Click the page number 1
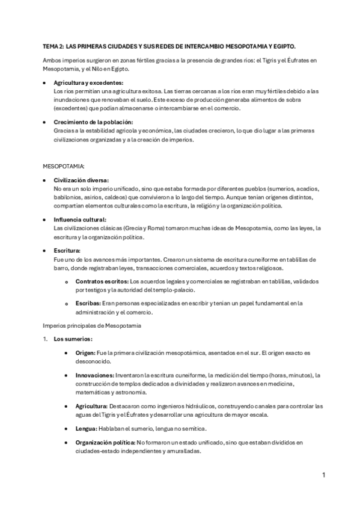click(323, 475)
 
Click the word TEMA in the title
click(50, 46)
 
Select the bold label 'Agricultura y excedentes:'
click(88, 82)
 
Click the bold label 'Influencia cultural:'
click(79, 220)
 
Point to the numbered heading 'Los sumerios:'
click(73, 339)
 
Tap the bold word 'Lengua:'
click(88, 428)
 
